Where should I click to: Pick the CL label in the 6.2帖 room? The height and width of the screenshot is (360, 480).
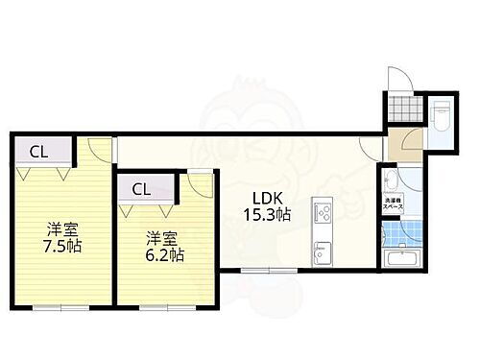point(141,189)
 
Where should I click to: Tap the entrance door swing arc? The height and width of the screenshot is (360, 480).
point(401,80)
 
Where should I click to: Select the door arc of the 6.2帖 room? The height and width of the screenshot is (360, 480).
point(199,180)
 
